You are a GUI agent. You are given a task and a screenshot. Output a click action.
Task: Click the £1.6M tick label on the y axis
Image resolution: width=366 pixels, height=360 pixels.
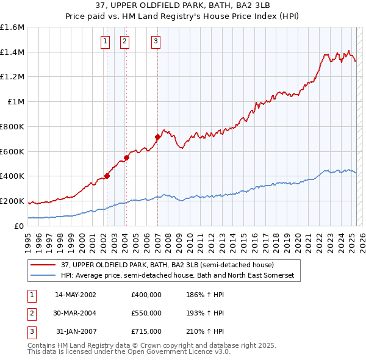[12, 27]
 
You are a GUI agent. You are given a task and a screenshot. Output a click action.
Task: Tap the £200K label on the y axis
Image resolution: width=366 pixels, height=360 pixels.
[12, 201]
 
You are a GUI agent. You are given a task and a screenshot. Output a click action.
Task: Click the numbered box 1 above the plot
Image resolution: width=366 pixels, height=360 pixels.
[106, 41]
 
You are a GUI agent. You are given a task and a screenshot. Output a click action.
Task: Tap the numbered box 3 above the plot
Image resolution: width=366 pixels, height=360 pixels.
[156, 41]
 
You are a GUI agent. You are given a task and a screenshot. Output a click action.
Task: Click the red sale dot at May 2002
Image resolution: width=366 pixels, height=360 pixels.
[107, 176]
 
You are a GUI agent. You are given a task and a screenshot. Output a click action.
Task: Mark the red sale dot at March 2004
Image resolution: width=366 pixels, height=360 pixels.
[127, 157]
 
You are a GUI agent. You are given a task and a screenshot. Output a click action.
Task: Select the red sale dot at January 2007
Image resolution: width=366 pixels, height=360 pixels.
[157, 137]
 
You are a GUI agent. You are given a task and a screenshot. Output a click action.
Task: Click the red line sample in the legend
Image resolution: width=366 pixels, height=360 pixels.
[43, 265]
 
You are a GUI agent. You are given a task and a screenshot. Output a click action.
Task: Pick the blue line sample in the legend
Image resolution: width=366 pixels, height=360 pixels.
[43, 276]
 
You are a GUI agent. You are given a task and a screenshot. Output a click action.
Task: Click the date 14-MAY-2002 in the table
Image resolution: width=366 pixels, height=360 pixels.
[75, 295]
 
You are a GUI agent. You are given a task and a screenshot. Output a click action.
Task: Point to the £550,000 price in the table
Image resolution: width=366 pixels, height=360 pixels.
[146, 313]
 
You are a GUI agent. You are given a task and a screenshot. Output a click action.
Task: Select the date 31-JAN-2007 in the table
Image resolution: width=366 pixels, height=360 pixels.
[76, 331]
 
